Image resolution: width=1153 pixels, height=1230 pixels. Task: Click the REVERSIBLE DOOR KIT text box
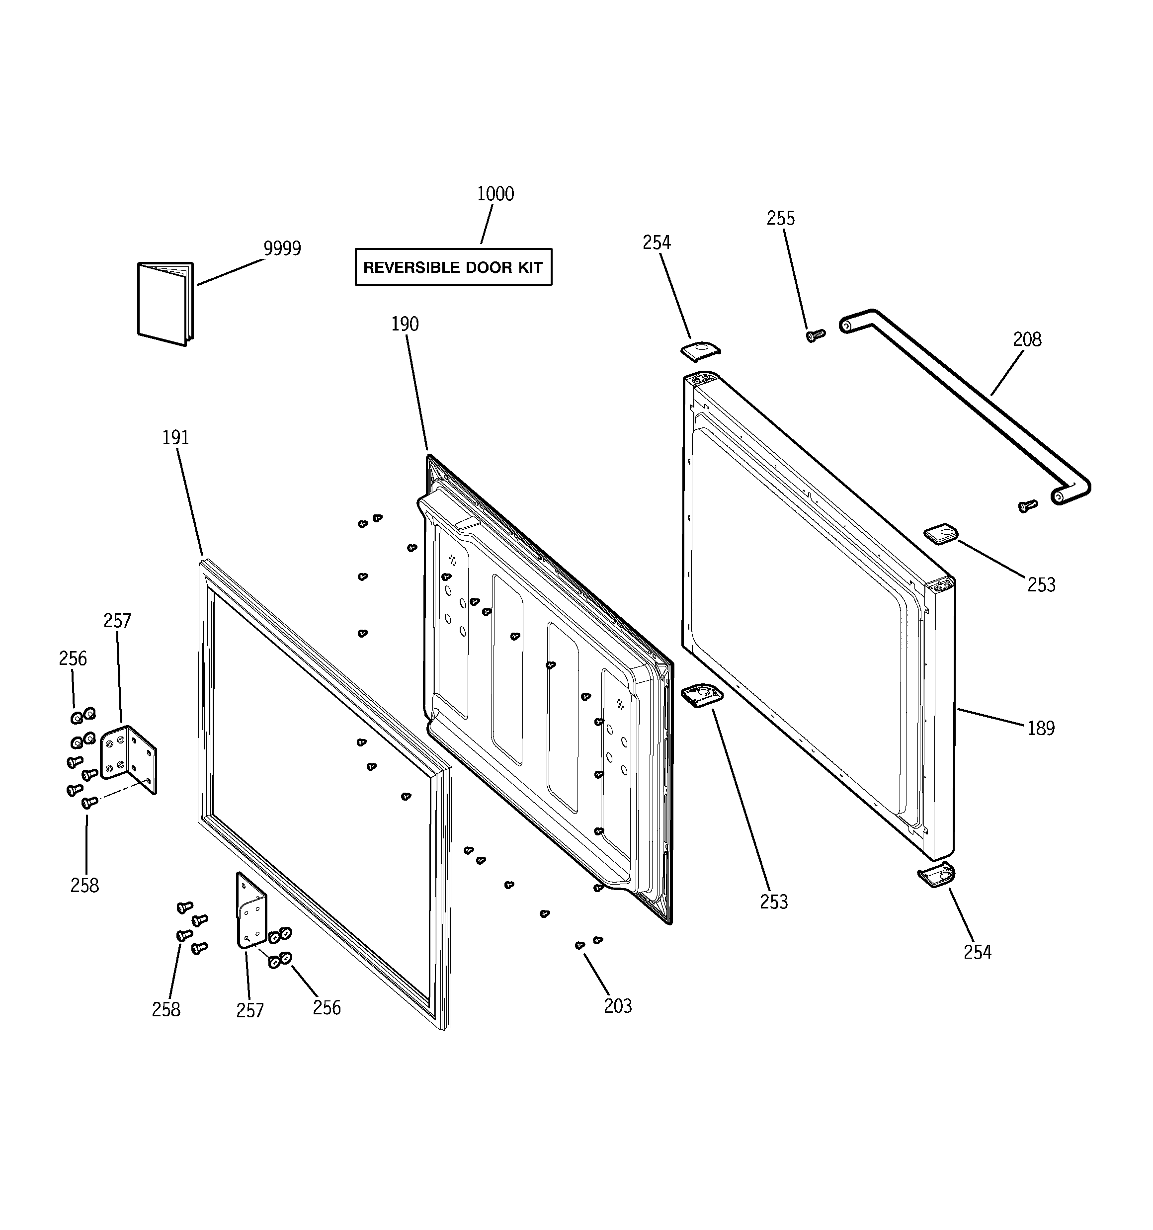click(x=453, y=267)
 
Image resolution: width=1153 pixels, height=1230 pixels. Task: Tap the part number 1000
click(x=495, y=194)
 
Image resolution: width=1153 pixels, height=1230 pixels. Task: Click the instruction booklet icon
click(x=165, y=303)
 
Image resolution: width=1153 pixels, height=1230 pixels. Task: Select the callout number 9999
click(x=282, y=248)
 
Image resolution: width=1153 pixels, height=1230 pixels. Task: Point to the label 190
click(x=405, y=324)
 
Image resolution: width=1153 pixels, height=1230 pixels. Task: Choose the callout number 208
click(x=1027, y=339)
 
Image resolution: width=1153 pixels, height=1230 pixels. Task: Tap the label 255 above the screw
click(x=780, y=218)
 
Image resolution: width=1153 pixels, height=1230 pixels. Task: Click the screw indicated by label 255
click(x=815, y=335)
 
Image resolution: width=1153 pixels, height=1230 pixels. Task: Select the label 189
click(x=1040, y=728)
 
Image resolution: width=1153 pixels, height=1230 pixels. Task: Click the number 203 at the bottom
click(x=618, y=1006)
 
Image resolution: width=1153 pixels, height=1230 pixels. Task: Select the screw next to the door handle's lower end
click(x=1027, y=505)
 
